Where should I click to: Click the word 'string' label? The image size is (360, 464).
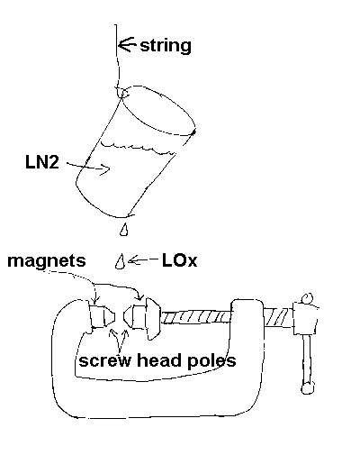point(166,46)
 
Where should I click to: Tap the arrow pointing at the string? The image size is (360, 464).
point(127,45)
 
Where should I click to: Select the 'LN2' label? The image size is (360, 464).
point(42,162)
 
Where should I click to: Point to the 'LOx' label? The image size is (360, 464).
point(179,260)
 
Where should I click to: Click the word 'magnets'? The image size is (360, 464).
point(47,260)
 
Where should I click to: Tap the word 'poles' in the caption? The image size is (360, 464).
point(211,360)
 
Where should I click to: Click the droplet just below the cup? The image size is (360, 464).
point(123,230)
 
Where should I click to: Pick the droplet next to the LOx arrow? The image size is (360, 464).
point(120,262)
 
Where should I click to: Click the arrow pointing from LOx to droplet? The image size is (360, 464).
point(143,259)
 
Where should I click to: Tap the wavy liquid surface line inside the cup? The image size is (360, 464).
point(138,147)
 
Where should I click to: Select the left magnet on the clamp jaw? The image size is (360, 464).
point(102,315)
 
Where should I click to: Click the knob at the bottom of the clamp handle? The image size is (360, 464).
point(308,387)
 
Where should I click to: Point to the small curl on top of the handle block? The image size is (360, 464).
point(307,299)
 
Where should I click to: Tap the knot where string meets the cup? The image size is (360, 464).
point(122,92)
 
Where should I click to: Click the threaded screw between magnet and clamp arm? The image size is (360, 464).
point(196,317)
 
